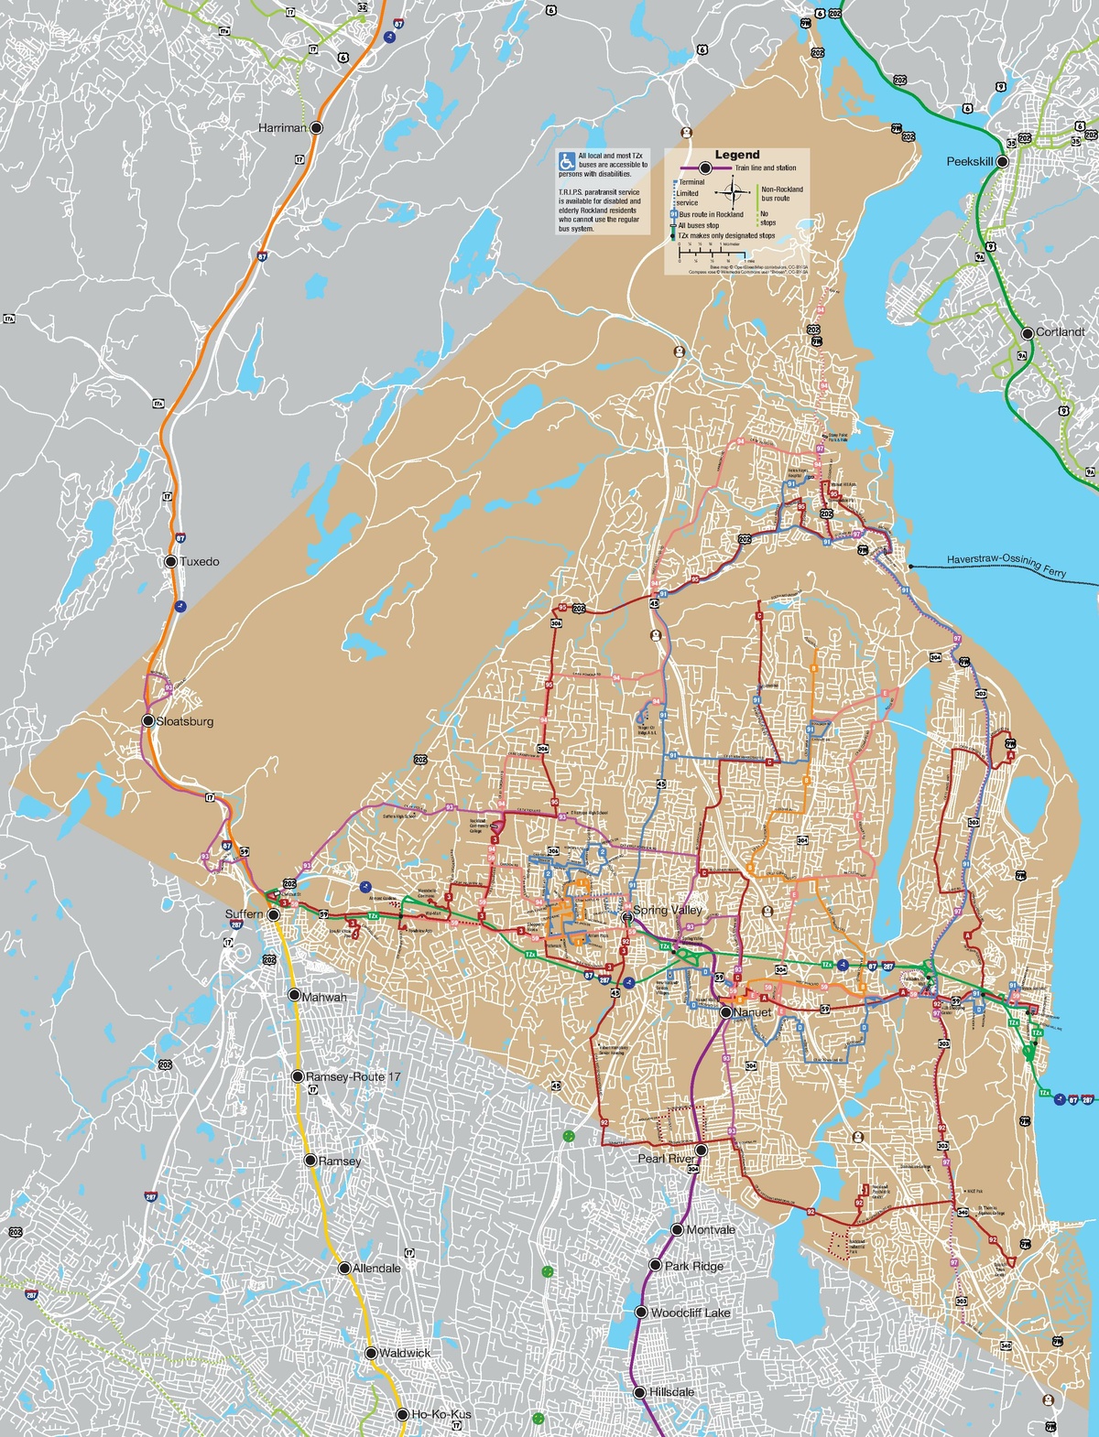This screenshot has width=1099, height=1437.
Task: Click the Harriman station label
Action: [282, 128]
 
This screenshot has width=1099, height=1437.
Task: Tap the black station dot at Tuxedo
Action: [170, 561]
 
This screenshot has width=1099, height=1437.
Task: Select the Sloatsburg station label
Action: [185, 721]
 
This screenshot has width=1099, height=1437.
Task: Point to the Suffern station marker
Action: [273, 913]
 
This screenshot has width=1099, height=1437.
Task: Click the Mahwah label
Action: [325, 996]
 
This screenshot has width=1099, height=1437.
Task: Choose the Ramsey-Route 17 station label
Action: [353, 1076]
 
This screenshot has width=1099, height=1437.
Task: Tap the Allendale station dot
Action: [345, 1268]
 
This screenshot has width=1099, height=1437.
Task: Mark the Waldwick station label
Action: [404, 1353]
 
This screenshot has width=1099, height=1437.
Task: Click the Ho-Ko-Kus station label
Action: [441, 1414]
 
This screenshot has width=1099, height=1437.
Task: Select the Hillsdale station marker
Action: [639, 1392]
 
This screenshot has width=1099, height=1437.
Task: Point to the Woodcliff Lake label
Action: [691, 1313]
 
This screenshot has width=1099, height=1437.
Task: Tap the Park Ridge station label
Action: [694, 1266]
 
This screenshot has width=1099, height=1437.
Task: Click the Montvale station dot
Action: [678, 1230]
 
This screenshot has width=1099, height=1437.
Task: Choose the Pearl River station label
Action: [668, 1159]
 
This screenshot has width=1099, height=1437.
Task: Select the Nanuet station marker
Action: [725, 1012]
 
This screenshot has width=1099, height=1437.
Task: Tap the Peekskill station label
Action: [970, 162]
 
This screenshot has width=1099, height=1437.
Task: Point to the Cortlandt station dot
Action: [1028, 332]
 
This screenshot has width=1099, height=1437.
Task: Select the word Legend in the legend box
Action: [737, 155]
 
